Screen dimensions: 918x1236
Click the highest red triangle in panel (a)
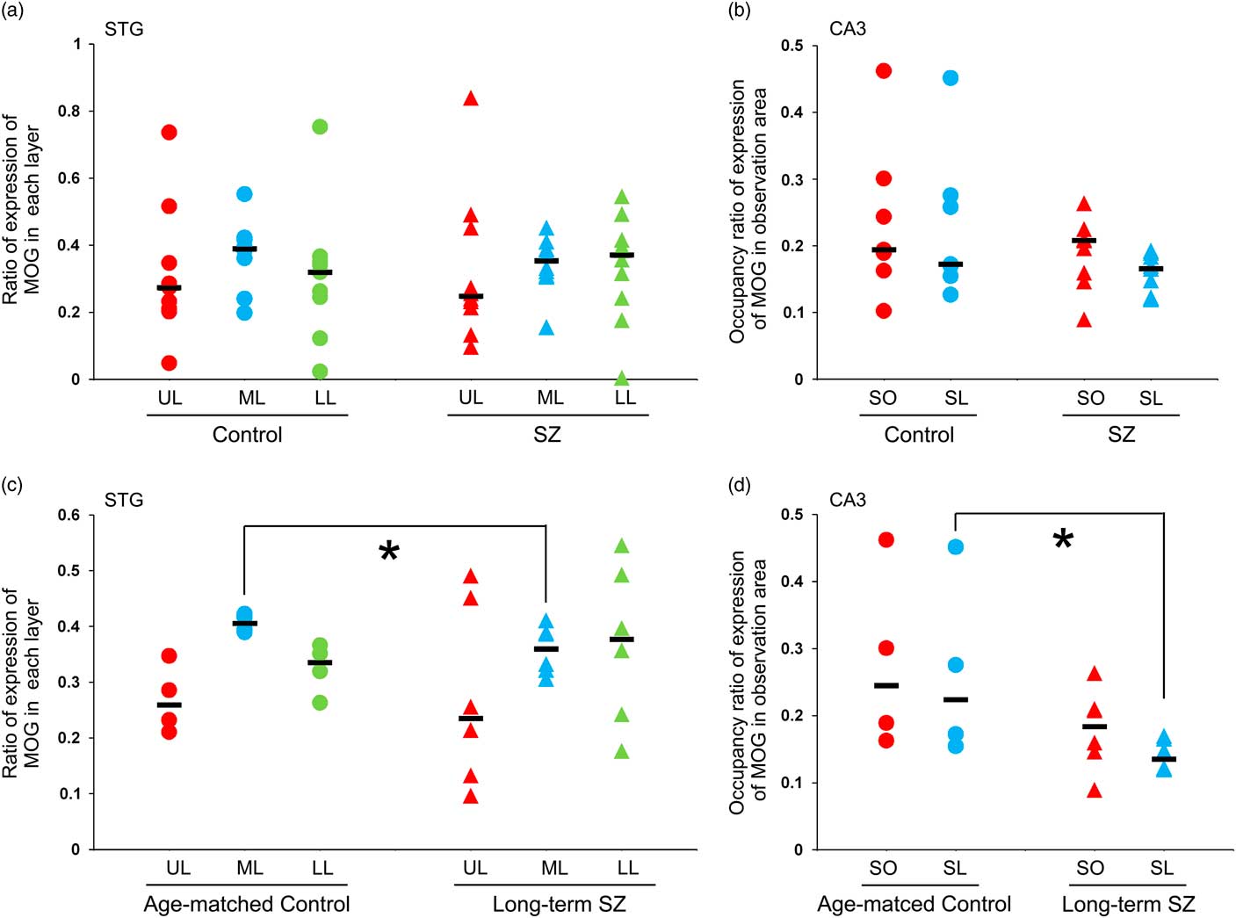(471, 98)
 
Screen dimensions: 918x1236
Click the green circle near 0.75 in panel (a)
(320, 126)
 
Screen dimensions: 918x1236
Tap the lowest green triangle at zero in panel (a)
(622, 379)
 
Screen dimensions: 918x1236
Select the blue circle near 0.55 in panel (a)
(244, 193)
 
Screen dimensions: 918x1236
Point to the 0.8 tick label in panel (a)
(69, 112)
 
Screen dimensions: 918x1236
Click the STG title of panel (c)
(123, 500)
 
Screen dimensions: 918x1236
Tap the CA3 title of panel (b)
(847, 29)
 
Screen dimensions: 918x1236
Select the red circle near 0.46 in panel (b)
(884, 70)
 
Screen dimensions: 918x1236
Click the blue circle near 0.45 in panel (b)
(950, 77)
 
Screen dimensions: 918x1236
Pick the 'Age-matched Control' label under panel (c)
(247, 904)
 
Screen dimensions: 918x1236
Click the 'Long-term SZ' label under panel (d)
(1128, 904)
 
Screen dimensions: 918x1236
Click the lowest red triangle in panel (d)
(1094, 791)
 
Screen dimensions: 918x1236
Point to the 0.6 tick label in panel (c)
(69, 515)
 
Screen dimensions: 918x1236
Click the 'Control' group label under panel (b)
(919, 435)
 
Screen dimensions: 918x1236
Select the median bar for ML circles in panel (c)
(244, 624)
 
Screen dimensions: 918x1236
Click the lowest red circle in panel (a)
(169, 363)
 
